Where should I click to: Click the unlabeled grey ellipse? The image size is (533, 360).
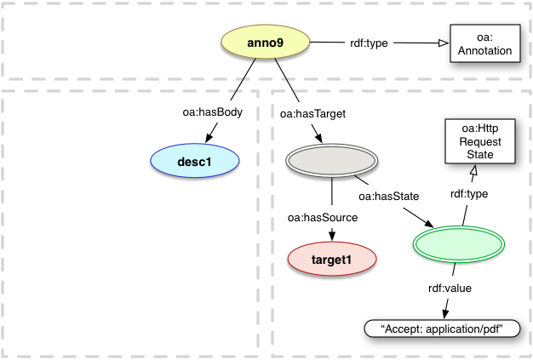point(331,160)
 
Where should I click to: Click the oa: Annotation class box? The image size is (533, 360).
point(483,43)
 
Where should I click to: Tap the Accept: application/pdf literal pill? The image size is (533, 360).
point(440,329)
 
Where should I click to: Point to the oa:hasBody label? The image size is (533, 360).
point(211,111)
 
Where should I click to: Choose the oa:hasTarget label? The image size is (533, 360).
point(302,111)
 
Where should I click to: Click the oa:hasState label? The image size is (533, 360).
point(388,197)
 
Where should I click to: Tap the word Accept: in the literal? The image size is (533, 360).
point(403,329)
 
